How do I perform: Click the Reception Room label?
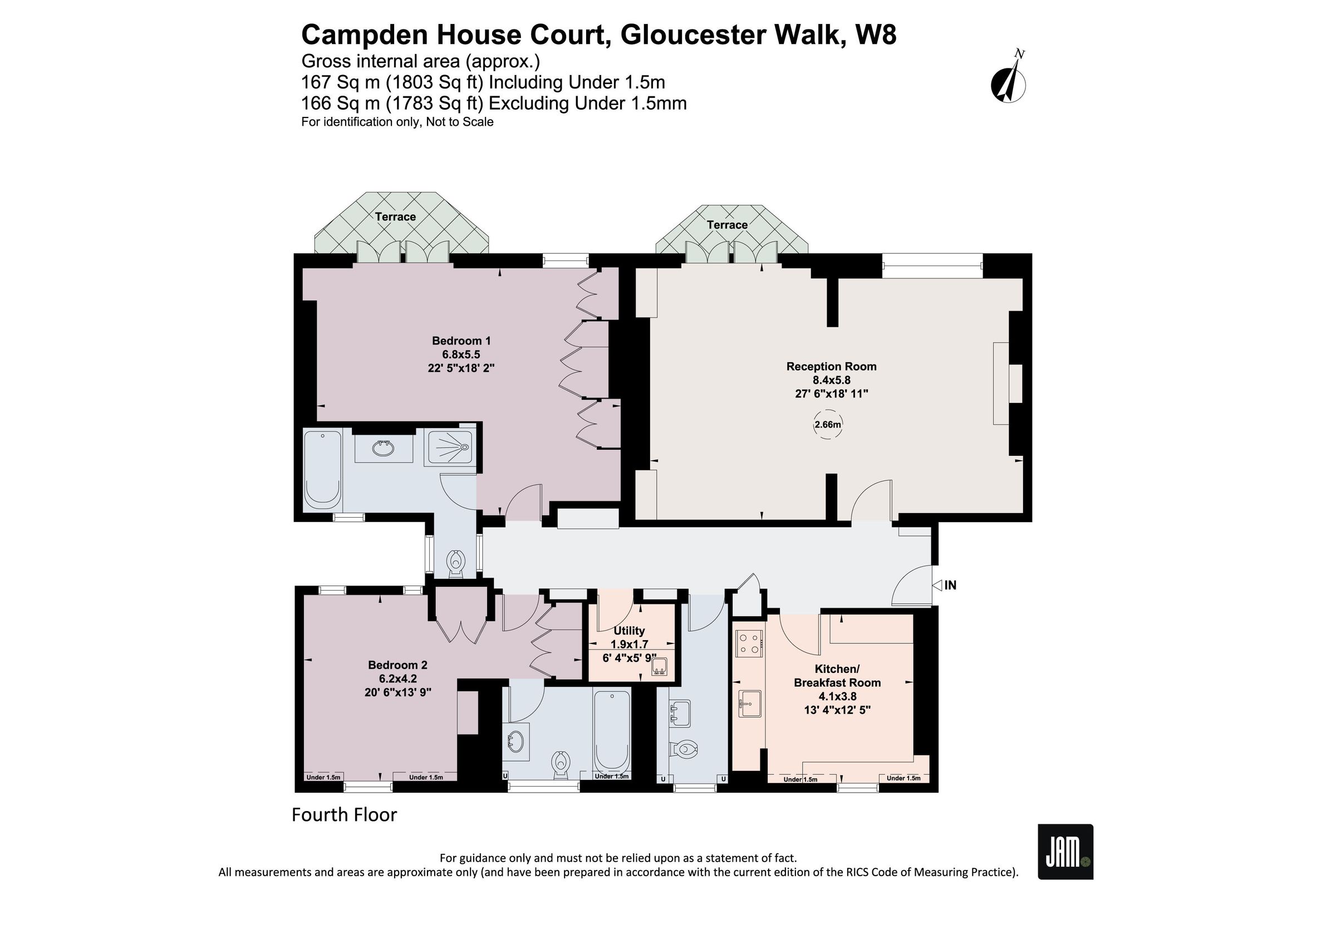click(x=831, y=366)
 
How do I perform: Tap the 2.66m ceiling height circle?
click(x=827, y=425)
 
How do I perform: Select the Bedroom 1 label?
click(x=461, y=341)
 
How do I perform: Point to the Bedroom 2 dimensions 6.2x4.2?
click(x=398, y=678)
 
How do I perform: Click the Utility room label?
click(x=629, y=631)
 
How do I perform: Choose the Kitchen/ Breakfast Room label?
click(x=837, y=675)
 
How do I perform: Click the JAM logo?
click(x=1065, y=852)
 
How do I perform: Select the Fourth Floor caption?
click(x=344, y=815)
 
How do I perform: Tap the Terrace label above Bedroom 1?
click(x=395, y=217)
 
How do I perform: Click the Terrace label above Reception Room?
click(x=727, y=225)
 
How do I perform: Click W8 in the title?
click(x=875, y=35)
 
